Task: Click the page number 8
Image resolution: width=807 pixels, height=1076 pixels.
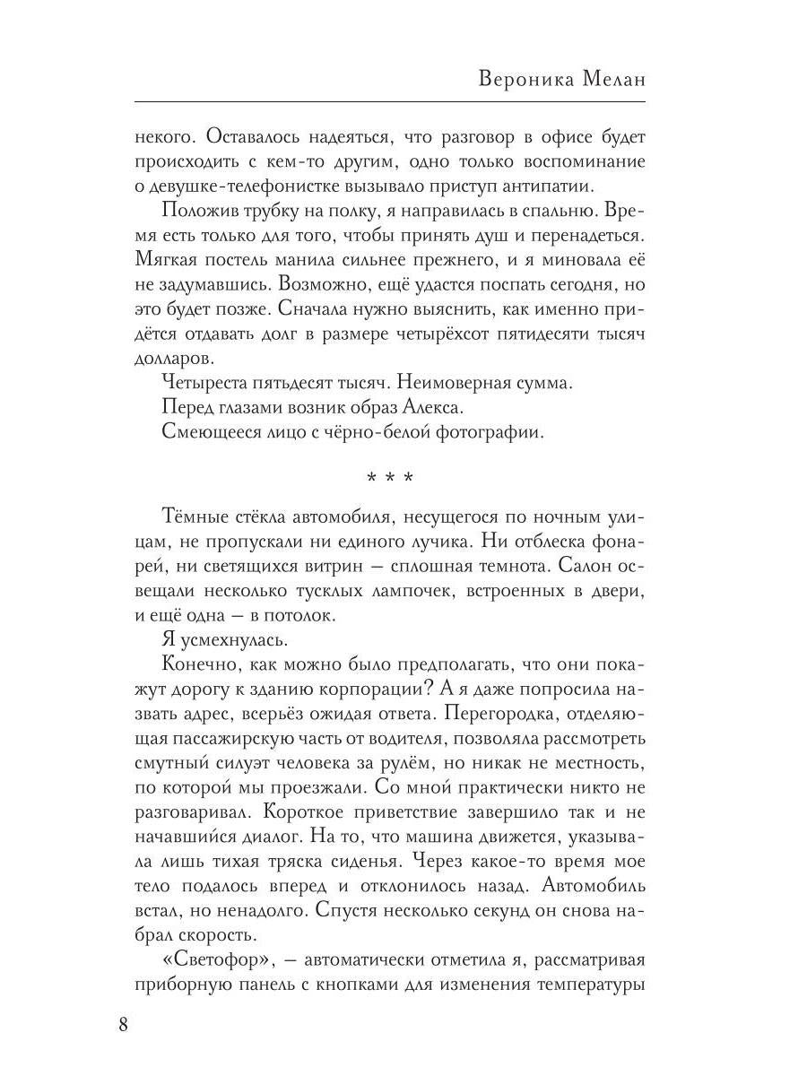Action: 123,1025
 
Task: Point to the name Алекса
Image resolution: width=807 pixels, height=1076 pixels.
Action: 433,407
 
